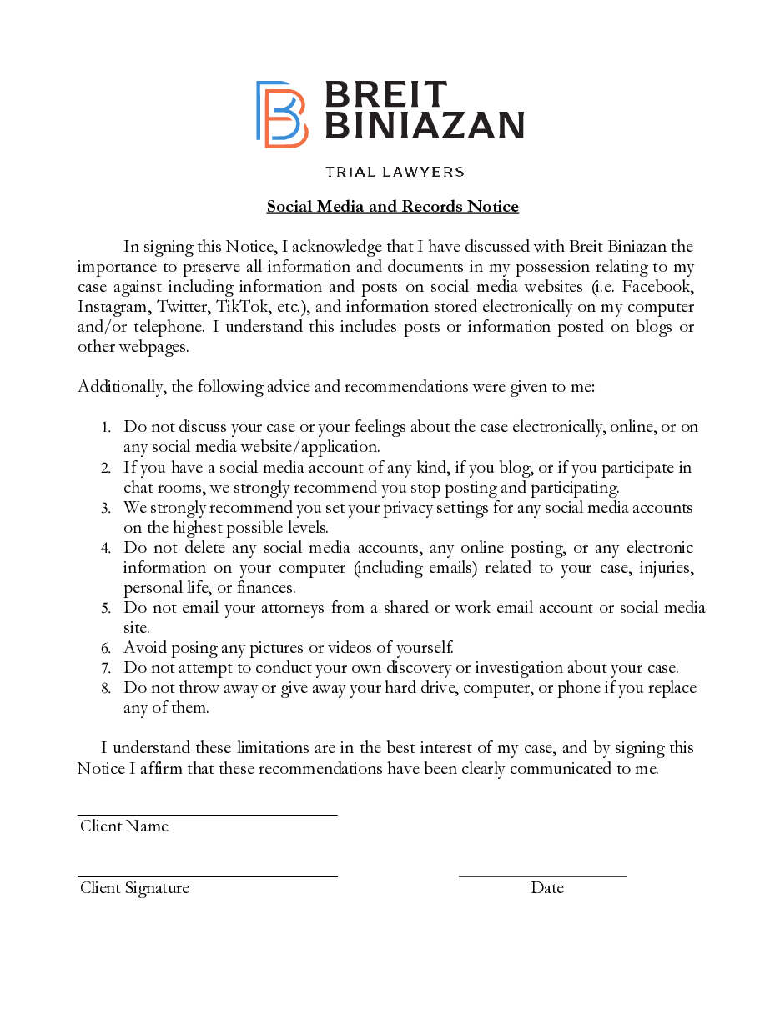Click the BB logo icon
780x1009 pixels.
click(x=281, y=113)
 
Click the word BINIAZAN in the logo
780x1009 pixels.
click(x=423, y=125)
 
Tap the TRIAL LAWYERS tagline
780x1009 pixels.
click(x=395, y=172)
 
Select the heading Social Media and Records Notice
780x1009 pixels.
click(x=393, y=207)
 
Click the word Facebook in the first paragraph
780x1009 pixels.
click(x=658, y=287)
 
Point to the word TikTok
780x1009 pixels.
click(x=242, y=307)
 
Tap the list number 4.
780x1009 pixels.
click(x=106, y=549)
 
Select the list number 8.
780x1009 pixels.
click(x=106, y=689)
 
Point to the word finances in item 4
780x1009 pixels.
click(x=265, y=588)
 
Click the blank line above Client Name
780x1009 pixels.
click(x=207, y=814)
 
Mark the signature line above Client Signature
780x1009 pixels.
click(x=207, y=876)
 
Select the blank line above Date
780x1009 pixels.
click(x=542, y=876)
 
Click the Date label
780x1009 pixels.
click(x=547, y=888)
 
